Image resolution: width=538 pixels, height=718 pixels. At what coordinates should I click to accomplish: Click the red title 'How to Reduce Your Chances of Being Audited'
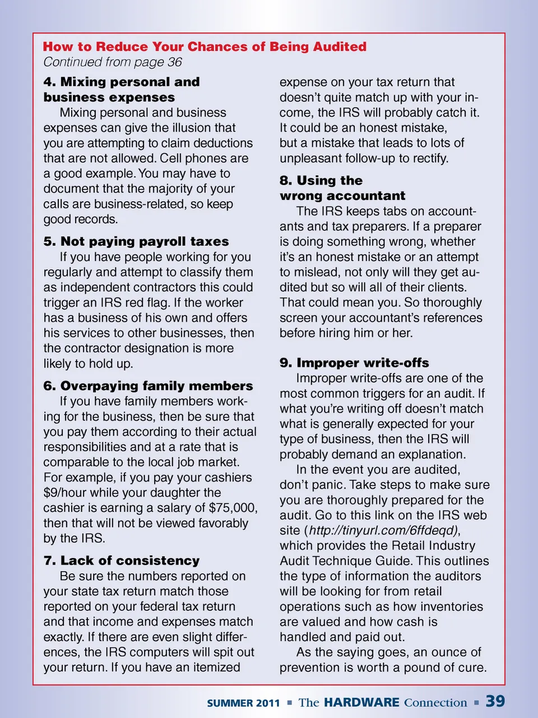pyautogui.click(x=205, y=47)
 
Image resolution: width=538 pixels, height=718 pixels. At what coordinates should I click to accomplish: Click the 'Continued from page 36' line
pyautogui.click(x=113, y=62)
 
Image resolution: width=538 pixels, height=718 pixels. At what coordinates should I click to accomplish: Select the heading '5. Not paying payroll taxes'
pyautogui.click(x=136, y=242)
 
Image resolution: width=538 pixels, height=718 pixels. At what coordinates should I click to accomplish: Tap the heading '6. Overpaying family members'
pyautogui.click(x=148, y=386)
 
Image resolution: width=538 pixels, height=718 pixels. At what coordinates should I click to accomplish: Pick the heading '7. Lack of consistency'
pyautogui.click(x=122, y=561)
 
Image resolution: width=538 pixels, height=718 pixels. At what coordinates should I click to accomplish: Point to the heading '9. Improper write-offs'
pyautogui.click(x=354, y=363)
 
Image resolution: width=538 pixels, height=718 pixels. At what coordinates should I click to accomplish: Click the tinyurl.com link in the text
pyautogui.click(x=383, y=531)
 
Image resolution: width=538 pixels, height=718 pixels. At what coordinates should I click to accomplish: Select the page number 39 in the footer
pyautogui.click(x=495, y=702)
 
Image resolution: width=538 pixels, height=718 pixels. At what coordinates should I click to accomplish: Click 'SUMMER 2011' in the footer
pyautogui.click(x=243, y=703)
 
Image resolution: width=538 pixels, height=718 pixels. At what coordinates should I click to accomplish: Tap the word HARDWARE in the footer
pyautogui.click(x=361, y=702)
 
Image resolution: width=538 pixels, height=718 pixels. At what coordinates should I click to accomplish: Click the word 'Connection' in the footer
pyautogui.click(x=435, y=703)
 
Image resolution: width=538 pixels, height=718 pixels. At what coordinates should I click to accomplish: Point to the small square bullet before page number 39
pyautogui.click(x=476, y=702)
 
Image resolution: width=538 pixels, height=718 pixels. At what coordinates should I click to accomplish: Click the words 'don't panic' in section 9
pyautogui.click(x=312, y=485)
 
